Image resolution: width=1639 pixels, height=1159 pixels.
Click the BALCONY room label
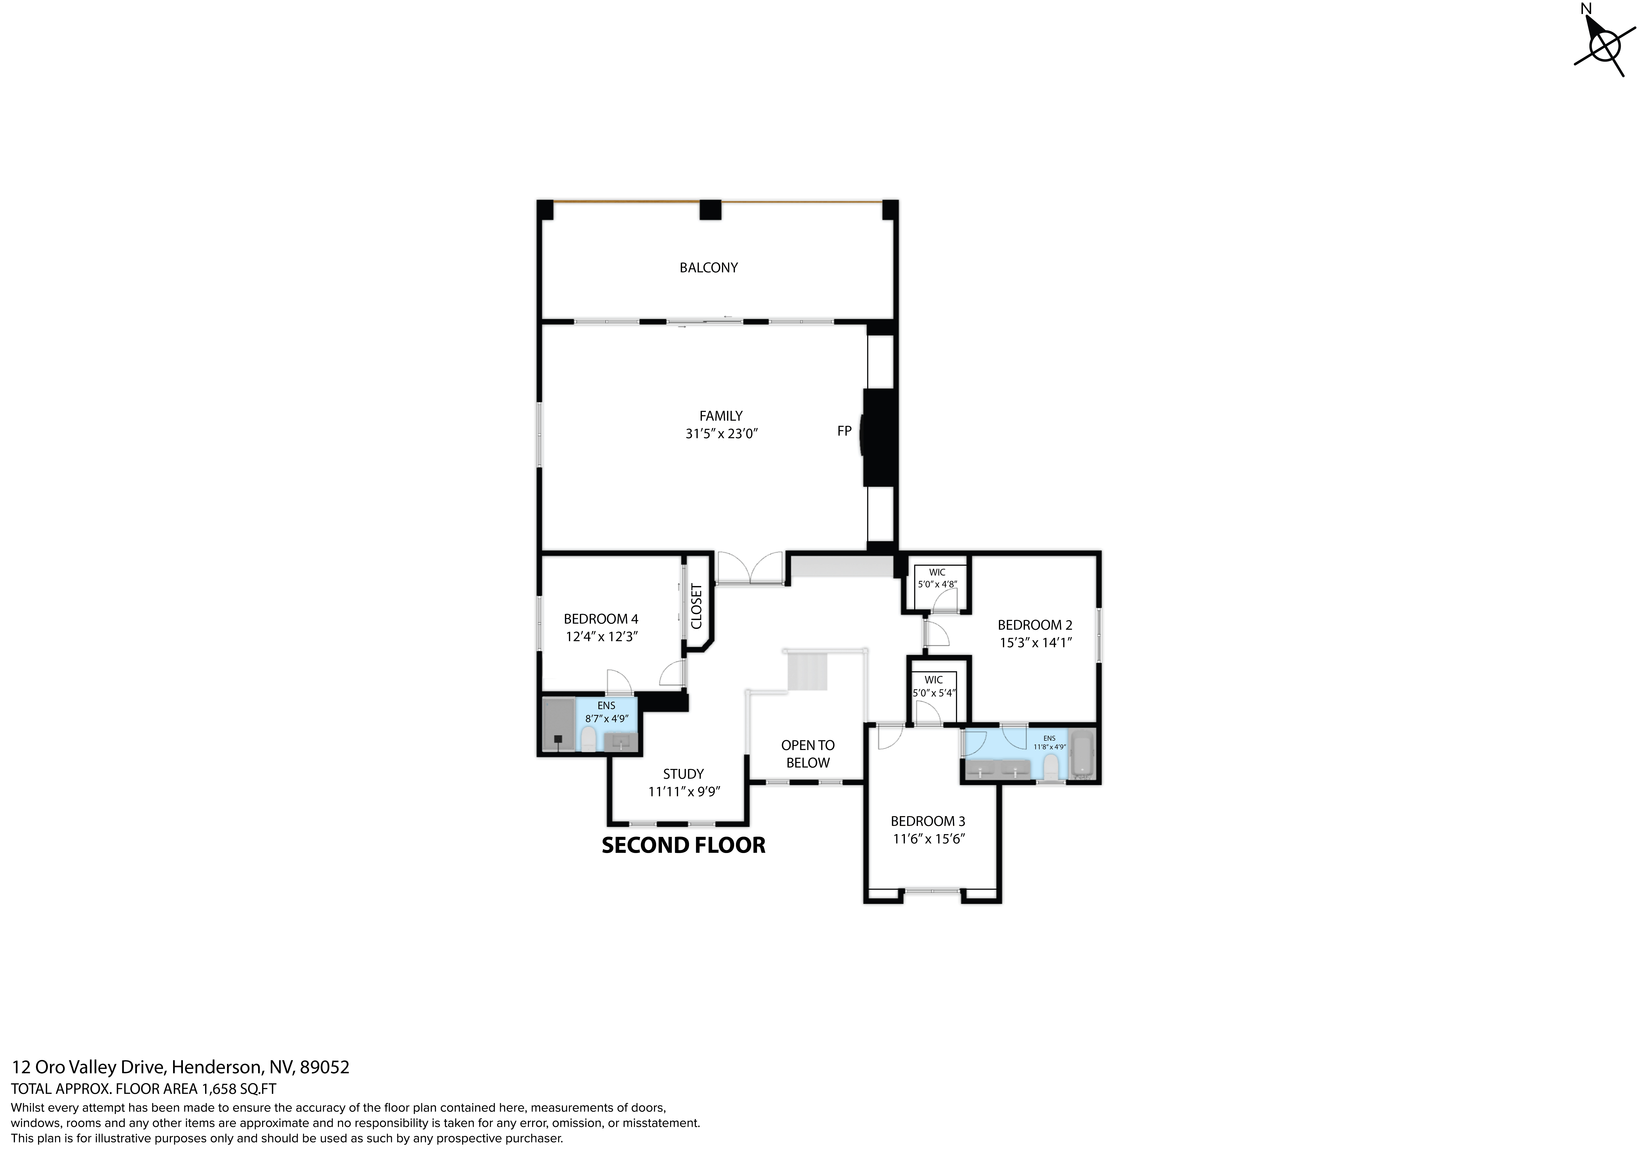[x=708, y=268]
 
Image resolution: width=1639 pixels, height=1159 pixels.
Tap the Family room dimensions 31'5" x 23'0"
[x=721, y=433]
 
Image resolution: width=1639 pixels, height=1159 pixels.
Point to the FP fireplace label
[x=844, y=431]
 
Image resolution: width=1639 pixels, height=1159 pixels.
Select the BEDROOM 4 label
[x=600, y=619]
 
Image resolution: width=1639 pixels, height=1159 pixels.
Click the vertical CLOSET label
[x=697, y=607]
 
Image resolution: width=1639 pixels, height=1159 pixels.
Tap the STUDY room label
[x=683, y=774]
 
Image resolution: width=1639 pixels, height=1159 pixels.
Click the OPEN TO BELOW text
[x=807, y=754]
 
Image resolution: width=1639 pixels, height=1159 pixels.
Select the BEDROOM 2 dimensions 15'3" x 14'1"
[x=1035, y=642]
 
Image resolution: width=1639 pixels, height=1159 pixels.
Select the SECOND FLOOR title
[x=683, y=845]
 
